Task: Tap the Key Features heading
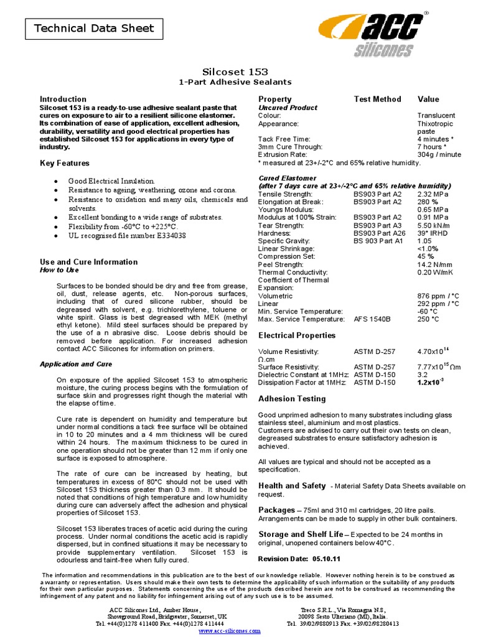coord(65,163)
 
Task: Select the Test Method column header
coord(377,99)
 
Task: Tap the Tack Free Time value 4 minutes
coord(435,139)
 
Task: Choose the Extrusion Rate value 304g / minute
coord(439,154)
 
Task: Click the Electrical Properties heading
coord(297,335)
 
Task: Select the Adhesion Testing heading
coord(291,399)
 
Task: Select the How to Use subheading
coord(60,270)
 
